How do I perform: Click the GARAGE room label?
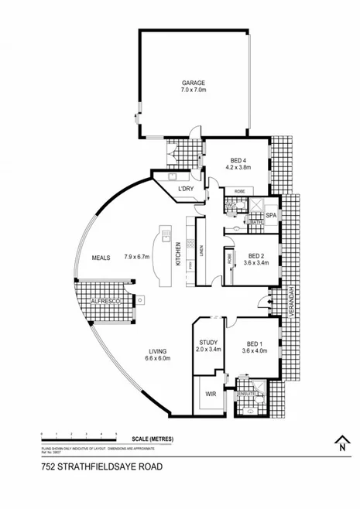pos(193,83)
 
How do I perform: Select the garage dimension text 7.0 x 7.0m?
pos(193,91)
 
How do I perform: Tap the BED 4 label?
pos(235,157)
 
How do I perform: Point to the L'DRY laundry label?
pos(186,188)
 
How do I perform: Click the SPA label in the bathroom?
pos(271,216)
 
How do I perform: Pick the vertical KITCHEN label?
pos(179,254)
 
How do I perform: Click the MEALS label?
pos(102,258)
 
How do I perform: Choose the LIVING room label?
pos(159,350)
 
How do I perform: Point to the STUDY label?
pos(208,342)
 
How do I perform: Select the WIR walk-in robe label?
pos(210,393)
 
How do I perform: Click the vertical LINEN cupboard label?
pos(201,251)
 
